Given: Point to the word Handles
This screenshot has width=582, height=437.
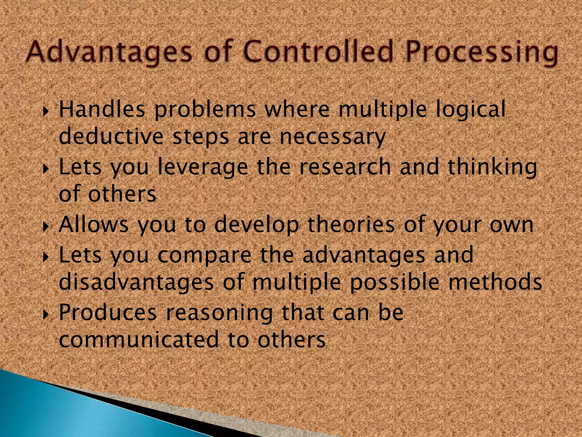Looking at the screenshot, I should click(102, 110).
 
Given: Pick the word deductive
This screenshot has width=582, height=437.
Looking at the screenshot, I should click(111, 137).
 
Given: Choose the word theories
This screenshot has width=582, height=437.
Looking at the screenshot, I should click(351, 225).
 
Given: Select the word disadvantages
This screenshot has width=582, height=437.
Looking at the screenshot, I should click(136, 282).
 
